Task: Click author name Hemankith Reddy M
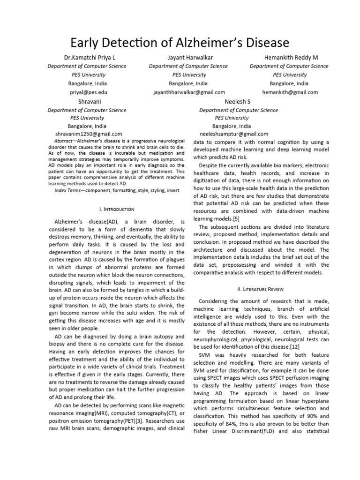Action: tap(290, 57)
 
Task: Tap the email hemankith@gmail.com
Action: tap(290, 92)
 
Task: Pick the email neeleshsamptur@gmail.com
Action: tap(234, 134)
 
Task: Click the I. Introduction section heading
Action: tap(117, 209)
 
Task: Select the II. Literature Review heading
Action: tap(264, 289)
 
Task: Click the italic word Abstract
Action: tap(63, 141)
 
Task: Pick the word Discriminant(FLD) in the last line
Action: tap(253, 431)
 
